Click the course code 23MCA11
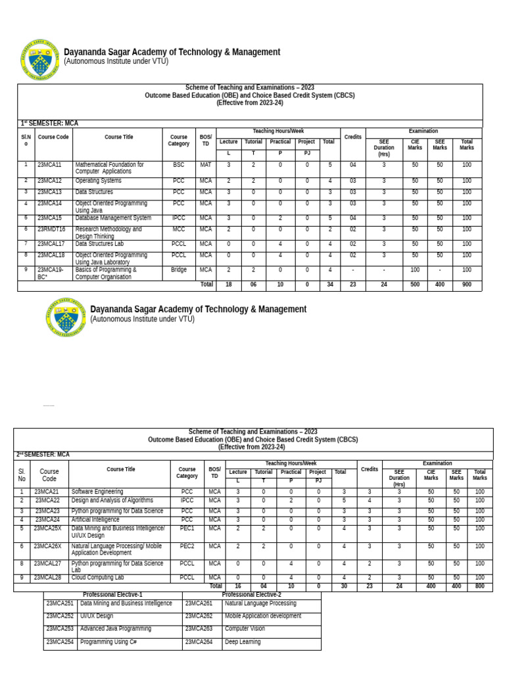tap(49, 165)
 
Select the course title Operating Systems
tap(98, 181)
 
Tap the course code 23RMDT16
tap(51, 229)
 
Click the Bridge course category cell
tap(179, 269)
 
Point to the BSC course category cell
tap(179, 165)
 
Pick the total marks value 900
tap(467, 286)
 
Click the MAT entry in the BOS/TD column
tap(206, 165)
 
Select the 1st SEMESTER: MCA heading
tap(49, 124)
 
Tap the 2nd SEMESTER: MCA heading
tap(43, 455)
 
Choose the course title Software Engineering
tap(97, 492)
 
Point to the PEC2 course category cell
tap(187, 546)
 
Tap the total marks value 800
tap(480, 586)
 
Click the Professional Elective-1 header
tap(112, 595)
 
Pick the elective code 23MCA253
tap(60, 629)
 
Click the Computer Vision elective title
tap(245, 629)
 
